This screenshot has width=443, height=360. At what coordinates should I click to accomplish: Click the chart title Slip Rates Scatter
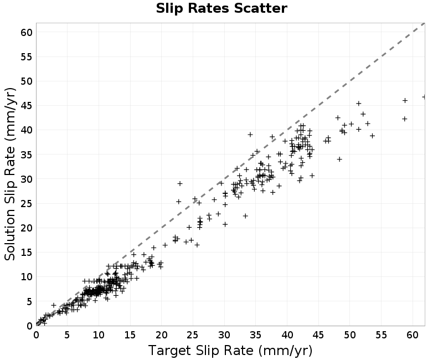coord(221,8)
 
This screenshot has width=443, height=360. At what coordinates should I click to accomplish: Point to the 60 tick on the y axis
coord(27,32)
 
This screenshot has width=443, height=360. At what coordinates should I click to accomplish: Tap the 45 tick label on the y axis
coord(27,106)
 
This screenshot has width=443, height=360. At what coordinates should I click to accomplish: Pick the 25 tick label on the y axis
coord(27,203)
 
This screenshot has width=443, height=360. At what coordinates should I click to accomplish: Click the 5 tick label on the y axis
coord(30,301)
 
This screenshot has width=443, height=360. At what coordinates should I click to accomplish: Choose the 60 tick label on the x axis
coord(413,335)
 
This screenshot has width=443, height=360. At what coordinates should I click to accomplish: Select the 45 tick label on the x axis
coord(318,335)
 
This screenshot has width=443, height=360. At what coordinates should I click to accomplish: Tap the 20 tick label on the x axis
coord(162,335)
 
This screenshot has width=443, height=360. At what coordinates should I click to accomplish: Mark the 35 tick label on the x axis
coord(256,335)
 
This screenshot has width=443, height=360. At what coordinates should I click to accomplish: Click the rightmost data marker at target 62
coord(424,97)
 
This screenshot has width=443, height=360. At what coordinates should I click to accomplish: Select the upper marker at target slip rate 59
coord(405,101)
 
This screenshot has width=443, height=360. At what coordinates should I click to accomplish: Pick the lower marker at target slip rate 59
coord(405,119)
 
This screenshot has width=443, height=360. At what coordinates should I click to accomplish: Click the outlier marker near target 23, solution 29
coord(179,184)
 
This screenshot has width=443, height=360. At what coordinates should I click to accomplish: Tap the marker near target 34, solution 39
coord(250,135)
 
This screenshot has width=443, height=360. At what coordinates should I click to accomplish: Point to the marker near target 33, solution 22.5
coord(245,216)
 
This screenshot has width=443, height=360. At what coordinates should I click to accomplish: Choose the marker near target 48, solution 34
coord(339,160)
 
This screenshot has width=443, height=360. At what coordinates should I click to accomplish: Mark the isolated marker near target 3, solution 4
coord(54,305)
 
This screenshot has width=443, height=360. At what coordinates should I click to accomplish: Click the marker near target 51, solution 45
coord(358,104)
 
